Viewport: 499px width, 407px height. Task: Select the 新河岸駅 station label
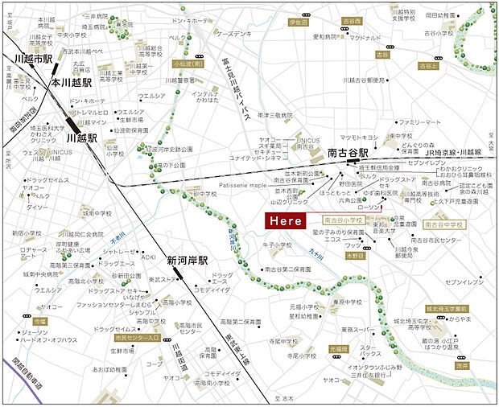click(188, 261)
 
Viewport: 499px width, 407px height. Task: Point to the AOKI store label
click(148, 257)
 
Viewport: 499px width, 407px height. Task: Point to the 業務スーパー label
click(357, 329)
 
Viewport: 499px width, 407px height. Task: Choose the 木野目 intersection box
click(355, 255)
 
